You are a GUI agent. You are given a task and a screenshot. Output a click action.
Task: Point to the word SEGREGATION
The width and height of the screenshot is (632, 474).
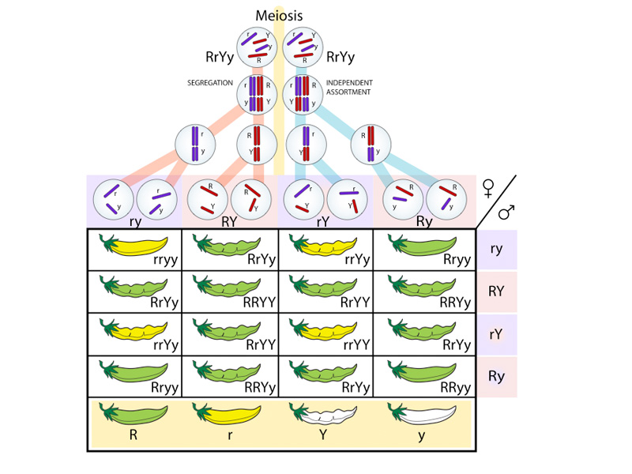coord(210,83)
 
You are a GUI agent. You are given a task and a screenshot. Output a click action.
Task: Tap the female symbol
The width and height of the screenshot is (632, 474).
coord(487,188)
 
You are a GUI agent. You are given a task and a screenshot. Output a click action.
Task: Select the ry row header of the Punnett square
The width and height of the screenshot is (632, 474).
coord(496,249)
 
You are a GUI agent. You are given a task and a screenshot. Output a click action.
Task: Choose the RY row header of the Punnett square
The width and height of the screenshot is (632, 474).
coord(496,292)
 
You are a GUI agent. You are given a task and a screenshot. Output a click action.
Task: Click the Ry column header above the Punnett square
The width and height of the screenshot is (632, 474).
coord(424,222)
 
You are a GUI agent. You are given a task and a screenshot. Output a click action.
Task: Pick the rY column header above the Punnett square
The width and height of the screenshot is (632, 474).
coord(322,222)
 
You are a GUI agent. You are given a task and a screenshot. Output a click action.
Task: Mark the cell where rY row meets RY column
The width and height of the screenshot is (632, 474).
coord(230,334)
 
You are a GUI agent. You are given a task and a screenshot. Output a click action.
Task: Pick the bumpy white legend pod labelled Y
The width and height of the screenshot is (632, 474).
coord(324,413)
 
